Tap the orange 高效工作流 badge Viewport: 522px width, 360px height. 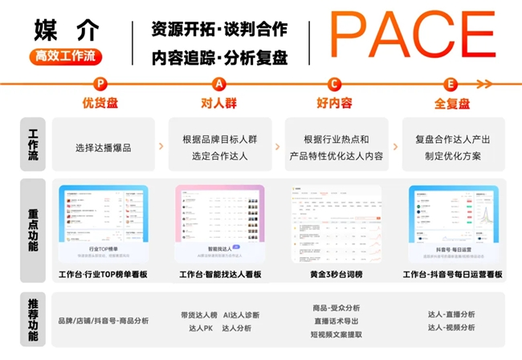coord(67,57)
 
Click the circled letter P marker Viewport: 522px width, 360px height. coord(100,84)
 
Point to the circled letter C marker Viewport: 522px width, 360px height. coord(335,84)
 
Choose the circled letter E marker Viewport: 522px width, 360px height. coord(451,84)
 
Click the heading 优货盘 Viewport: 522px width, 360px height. coord(100,103)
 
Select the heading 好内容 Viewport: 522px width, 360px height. coord(335,103)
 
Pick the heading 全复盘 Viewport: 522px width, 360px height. coord(451,103)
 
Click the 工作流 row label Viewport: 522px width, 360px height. coord(33,144)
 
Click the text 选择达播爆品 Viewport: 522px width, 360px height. coord(103,147)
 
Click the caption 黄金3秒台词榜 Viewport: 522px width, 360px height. coord(336,275)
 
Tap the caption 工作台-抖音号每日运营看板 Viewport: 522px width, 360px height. coord(452,275)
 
